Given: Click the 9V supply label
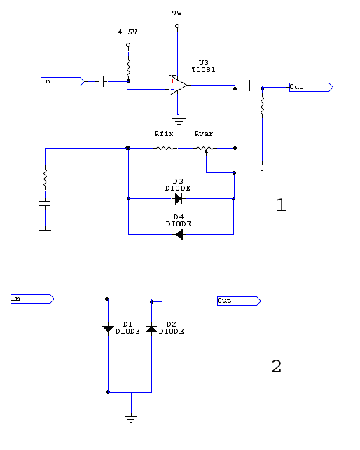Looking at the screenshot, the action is click(x=177, y=13).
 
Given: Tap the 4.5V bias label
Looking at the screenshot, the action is click(x=127, y=32).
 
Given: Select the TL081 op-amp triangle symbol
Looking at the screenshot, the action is click(x=178, y=86).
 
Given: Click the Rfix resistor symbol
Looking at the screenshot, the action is click(x=167, y=149).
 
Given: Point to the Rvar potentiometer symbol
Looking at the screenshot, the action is click(x=205, y=149).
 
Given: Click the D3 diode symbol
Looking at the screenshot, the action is click(x=179, y=198).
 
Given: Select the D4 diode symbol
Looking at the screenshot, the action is click(x=179, y=235).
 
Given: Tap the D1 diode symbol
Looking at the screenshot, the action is click(x=108, y=329).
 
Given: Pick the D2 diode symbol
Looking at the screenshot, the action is click(x=151, y=329).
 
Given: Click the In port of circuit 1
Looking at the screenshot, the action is click(x=62, y=81).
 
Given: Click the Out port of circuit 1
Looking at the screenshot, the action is click(x=311, y=87).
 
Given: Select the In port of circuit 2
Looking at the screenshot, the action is click(x=32, y=299).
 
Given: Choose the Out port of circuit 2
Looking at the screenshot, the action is click(x=239, y=301).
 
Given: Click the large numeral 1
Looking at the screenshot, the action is click(x=282, y=205).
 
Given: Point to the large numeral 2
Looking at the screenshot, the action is click(x=276, y=366).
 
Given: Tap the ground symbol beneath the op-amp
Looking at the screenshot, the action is click(x=179, y=121).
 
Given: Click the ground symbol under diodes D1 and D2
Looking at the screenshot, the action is click(x=131, y=418).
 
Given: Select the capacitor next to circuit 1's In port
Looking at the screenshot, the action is click(x=101, y=81).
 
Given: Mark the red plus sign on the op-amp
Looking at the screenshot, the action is click(x=172, y=81).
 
